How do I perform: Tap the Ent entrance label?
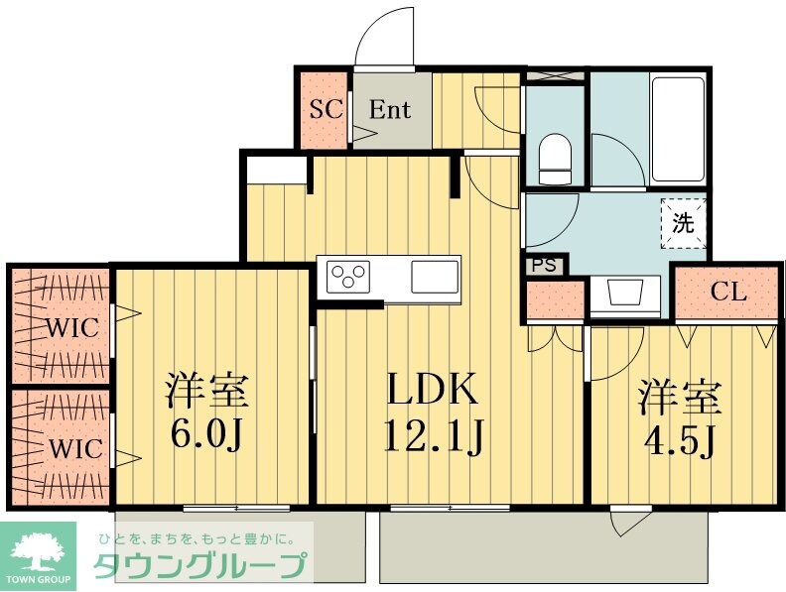(390, 109)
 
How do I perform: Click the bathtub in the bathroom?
(678, 128)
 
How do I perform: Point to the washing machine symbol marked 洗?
(684, 223)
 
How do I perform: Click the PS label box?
(544, 265)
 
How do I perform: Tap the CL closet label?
(727, 293)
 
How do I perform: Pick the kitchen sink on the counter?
(434, 275)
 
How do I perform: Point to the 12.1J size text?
(434, 436)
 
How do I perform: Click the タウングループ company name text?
(198, 566)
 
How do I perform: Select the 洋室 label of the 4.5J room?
(680, 396)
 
